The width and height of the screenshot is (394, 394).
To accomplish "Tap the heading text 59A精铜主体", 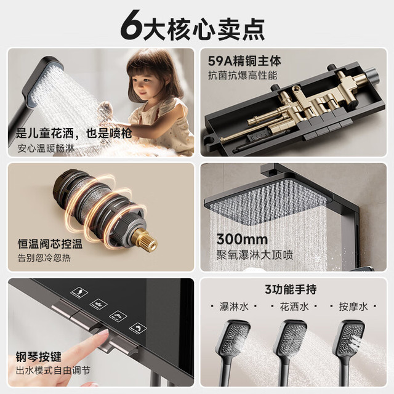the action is [244, 62].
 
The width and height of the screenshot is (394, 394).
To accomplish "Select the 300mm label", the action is [242, 239].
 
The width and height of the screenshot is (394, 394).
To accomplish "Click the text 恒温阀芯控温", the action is [50, 244].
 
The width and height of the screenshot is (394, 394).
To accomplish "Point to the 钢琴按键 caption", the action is [38, 357].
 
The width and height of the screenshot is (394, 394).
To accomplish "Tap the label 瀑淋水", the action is [234, 307].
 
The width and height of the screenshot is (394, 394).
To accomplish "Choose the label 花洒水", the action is [294, 307].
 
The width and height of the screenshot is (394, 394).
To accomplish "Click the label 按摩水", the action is [353, 307].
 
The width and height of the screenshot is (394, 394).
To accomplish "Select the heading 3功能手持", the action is [291, 289].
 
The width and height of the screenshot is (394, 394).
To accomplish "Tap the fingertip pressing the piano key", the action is [103, 334].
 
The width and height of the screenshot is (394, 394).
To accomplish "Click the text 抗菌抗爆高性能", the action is [243, 75].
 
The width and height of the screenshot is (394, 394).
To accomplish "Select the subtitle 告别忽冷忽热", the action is [44, 258].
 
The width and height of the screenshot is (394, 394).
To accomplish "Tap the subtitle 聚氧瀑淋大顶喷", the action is [255, 255].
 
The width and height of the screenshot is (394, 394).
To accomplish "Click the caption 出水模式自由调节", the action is [53, 371].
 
